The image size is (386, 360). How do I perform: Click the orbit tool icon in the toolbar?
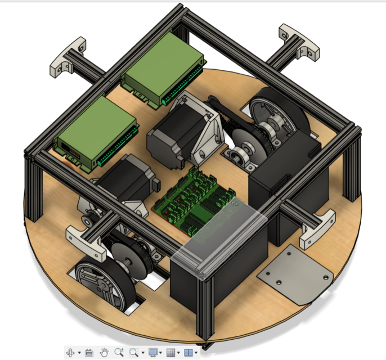71,353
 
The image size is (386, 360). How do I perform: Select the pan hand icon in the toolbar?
104,353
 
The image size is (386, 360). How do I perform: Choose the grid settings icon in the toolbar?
171,353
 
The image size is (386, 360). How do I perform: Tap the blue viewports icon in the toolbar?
189,353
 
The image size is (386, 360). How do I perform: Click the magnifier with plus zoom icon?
119,353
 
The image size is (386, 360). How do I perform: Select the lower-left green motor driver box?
96,132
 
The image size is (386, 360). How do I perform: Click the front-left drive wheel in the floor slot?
101,284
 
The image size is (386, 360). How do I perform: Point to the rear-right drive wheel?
279,115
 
